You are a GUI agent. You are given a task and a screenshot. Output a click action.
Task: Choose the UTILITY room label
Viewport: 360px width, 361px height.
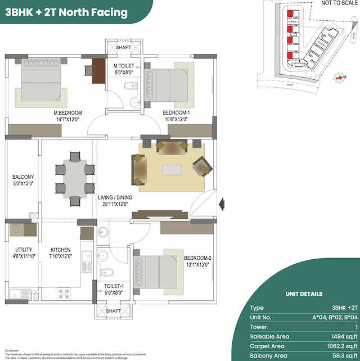[24, 249]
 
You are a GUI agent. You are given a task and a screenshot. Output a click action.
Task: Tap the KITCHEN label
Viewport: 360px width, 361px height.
[60, 249]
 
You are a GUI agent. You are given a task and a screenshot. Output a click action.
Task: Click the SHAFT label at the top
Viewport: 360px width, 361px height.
[123, 48]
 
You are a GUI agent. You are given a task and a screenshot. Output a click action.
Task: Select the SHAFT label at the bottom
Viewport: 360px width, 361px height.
[113, 311]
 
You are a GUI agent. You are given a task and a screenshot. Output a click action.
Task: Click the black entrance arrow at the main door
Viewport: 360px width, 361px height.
[222, 202]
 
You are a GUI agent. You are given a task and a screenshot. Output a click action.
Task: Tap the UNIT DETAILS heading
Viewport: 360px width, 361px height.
[304, 294]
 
